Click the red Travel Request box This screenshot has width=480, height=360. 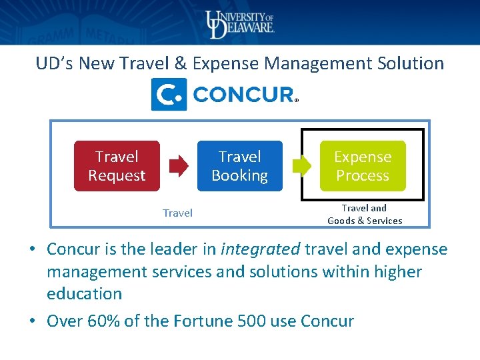pos(117,166)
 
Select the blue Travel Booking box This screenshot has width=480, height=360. pos(239,166)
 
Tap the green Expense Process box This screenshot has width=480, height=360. pos(362,166)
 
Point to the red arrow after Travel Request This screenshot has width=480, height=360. pos(179,166)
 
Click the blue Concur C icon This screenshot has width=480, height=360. pos(169,95)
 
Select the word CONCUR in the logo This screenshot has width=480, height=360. pos(243,95)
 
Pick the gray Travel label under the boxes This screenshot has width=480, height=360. pos(177,213)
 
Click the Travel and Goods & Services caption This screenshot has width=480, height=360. pos(365,214)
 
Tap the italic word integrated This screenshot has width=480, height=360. pos(261,249)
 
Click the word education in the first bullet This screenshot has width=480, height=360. pos(84,294)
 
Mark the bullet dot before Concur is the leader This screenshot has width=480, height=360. pos(32,250)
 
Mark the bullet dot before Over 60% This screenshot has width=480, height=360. pos(32,321)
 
